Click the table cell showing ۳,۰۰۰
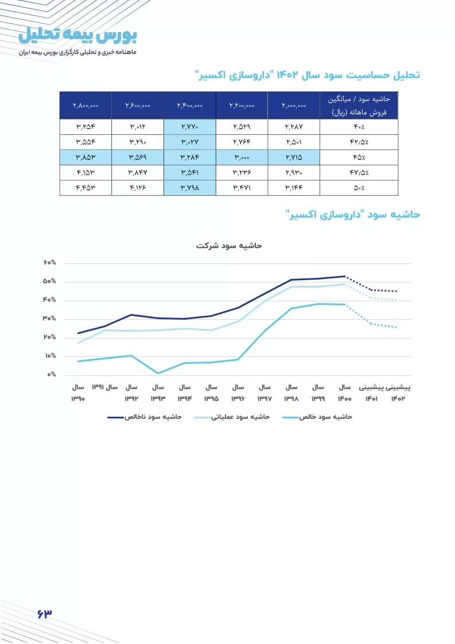242,157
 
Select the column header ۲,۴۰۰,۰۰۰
190,106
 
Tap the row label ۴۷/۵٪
359,173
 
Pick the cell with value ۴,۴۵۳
85,188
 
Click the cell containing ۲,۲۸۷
294,127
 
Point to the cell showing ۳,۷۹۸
190,188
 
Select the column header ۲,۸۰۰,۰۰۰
85,106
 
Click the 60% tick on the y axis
50,262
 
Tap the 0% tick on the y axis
52,375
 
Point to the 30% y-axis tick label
50,319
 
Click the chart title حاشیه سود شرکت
229,246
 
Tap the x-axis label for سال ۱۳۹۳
158,393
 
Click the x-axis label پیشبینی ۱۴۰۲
398,393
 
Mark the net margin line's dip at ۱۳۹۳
158,373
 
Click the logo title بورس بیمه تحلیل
77,36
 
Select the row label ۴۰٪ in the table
359,127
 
